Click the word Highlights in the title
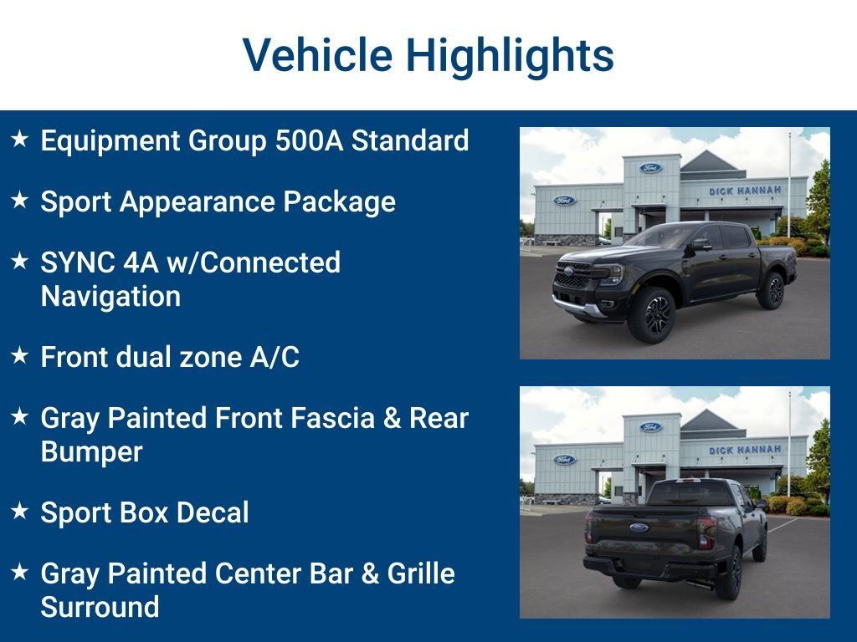pos(510,55)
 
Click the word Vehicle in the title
pos(317,55)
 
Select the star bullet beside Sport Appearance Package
pos(20,201)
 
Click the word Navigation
pos(110,297)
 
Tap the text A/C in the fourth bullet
pos(275,358)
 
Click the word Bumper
pos(91,452)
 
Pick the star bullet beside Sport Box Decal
pos(20,512)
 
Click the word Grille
pos(421,573)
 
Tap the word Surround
pos(100,608)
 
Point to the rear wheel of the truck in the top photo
pos(771,290)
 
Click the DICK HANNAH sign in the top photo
pos(744,191)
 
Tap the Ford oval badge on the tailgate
pos(639,527)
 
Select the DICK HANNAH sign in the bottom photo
pos(744,450)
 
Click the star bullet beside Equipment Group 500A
pos(20,140)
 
